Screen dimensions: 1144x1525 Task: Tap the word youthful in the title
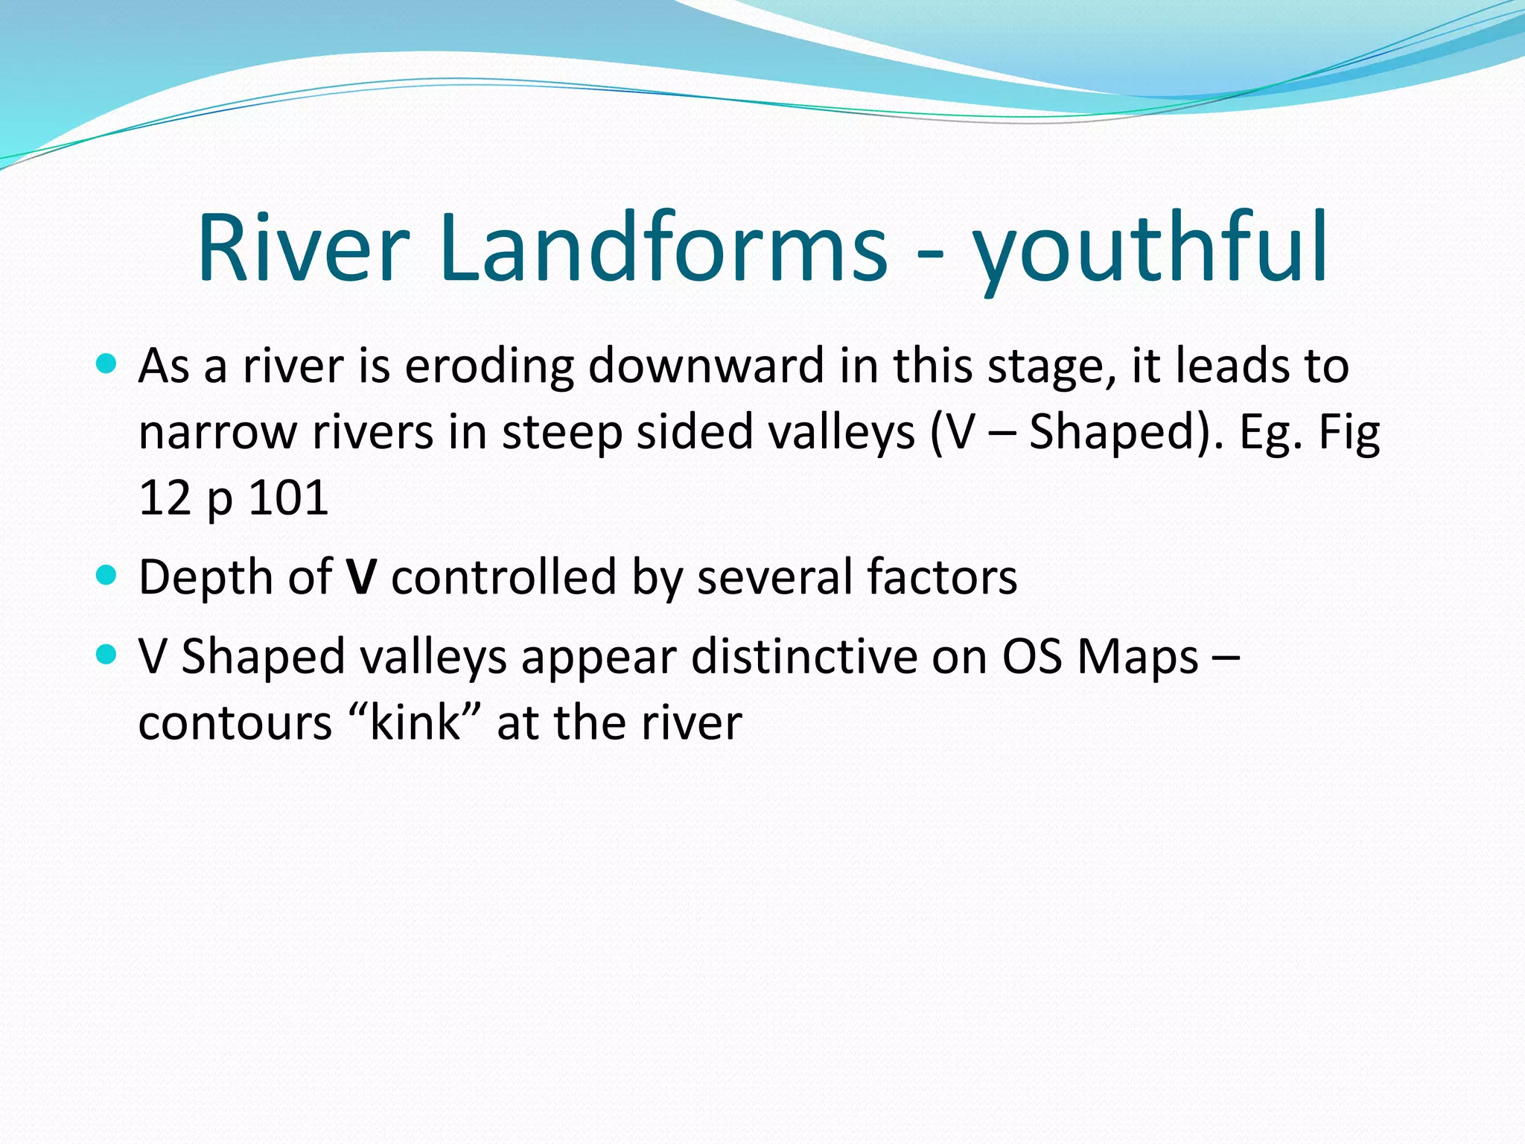(x=1150, y=253)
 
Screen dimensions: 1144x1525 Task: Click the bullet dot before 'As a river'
(x=107, y=364)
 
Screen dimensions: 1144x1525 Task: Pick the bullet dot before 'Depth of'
(x=107, y=575)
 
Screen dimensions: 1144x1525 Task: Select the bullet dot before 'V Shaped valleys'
(x=107, y=655)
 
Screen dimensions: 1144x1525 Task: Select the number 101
(x=288, y=498)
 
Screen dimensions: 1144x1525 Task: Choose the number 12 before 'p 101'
(x=165, y=498)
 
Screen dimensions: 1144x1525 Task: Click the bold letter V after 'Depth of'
(x=362, y=577)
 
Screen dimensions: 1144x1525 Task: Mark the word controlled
(x=504, y=577)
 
